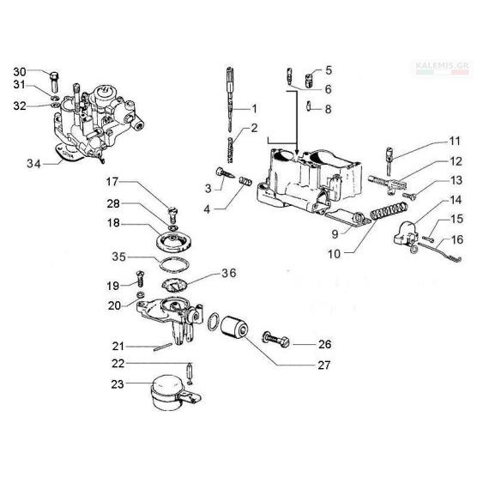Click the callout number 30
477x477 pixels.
(x=20, y=72)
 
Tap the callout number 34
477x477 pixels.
(x=33, y=164)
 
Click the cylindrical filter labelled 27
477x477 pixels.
(x=234, y=328)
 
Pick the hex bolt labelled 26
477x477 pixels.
(x=275, y=341)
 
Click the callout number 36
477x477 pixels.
(x=229, y=273)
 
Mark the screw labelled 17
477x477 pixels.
(x=173, y=214)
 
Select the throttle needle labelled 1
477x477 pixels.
(x=231, y=98)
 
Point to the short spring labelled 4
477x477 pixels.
(x=245, y=180)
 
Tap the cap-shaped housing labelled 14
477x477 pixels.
(x=403, y=233)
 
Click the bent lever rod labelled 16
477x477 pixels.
(x=440, y=251)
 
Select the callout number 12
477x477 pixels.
(x=456, y=161)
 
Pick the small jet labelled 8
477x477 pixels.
(x=309, y=106)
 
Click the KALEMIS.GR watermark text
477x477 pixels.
(x=443, y=65)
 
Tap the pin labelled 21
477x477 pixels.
(x=163, y=347)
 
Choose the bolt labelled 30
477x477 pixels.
(x=54, y=81)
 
